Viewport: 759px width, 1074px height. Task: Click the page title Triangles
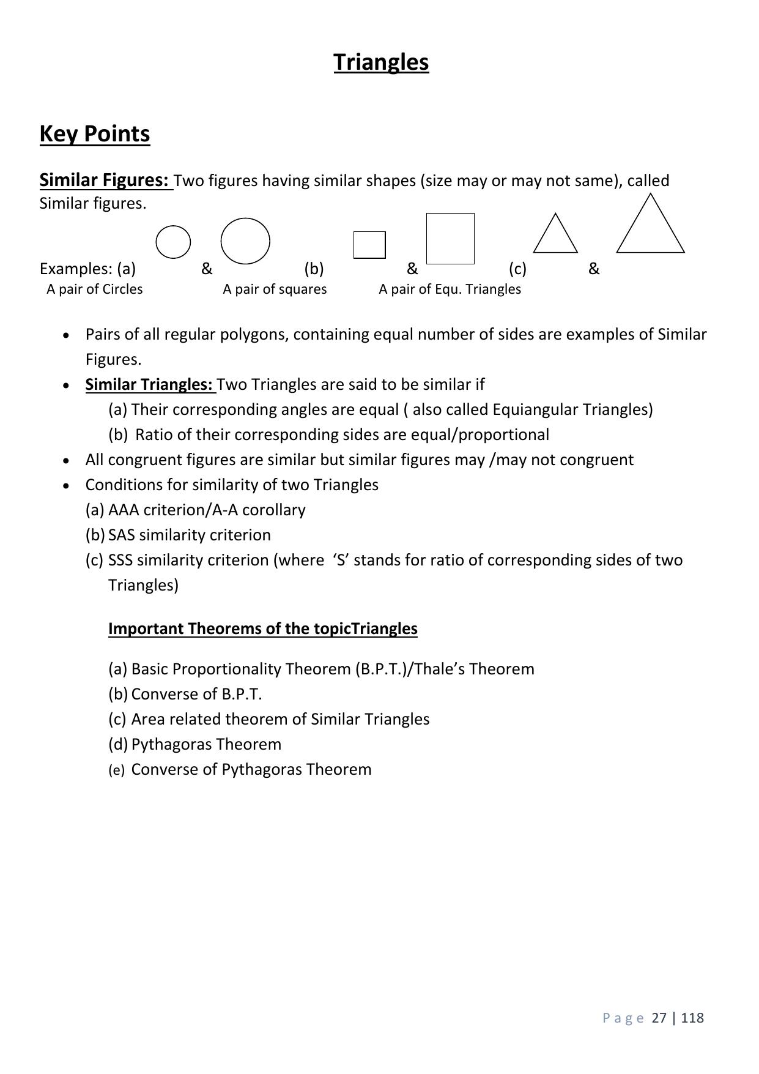click(x=381, y=62)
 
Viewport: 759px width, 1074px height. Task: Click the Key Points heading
click(x=94, y=133)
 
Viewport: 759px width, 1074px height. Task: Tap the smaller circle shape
click(x=173, y=242)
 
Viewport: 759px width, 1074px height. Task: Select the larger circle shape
click(x=245, y=241)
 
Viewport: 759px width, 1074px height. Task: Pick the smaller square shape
click(x=369, y=245)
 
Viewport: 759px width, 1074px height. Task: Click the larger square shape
click(x=450, y=238)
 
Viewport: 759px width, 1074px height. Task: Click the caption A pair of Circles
click(x=94, y=289)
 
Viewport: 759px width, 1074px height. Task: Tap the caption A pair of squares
click(x=275, y=289)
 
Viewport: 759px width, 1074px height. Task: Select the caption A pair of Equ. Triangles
click(x=450, y=289)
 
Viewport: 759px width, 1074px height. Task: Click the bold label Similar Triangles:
click(x=149, y=384)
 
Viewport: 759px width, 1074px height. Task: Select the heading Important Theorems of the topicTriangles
click(x=262, y=628)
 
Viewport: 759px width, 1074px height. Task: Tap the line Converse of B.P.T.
click(x=196, y=694)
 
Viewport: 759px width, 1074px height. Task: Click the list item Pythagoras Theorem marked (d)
click(x=206, y=744)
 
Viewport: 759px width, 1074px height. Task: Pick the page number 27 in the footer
click(x=659, y=1018)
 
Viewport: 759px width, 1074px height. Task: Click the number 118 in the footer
click(x=692, y=1018)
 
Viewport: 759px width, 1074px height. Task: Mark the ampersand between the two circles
click(x=207, y=269)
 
